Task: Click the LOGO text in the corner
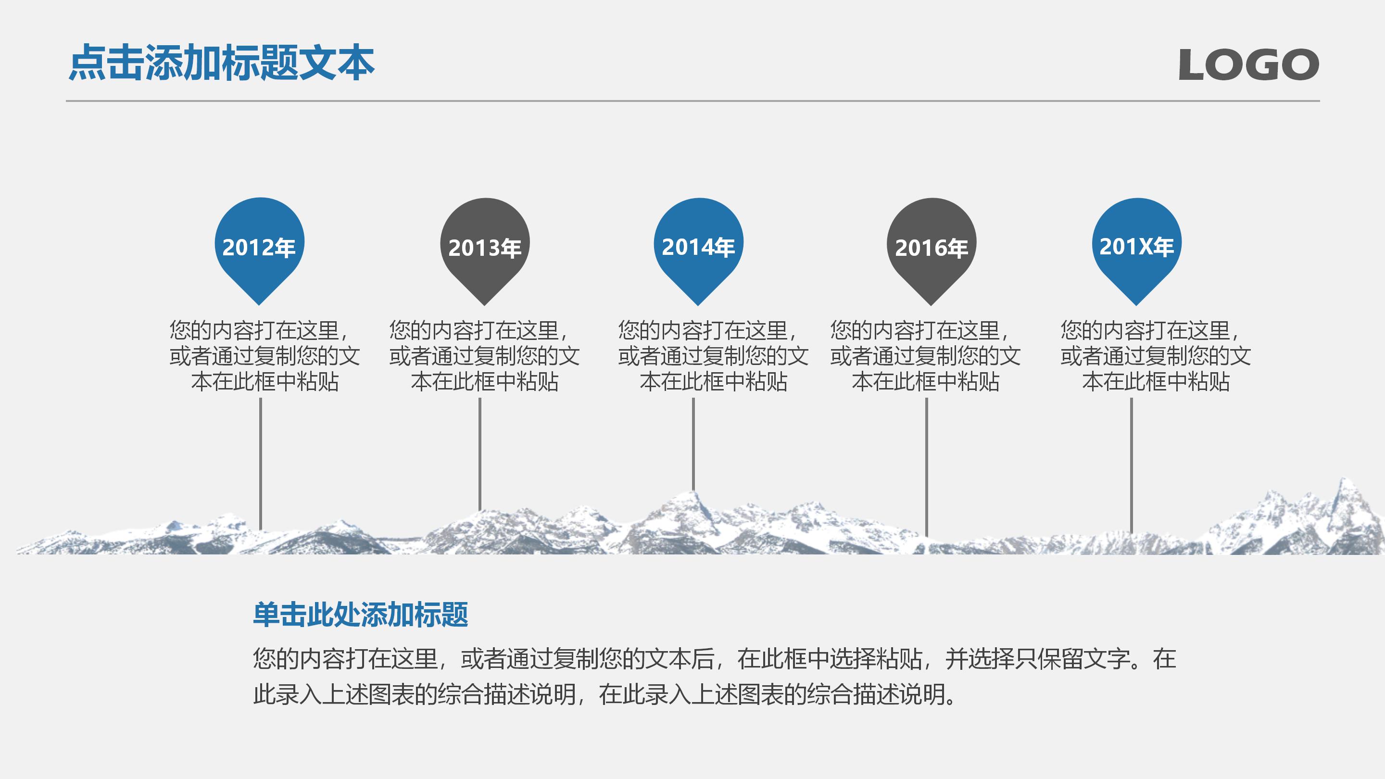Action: click(x=1248, y=64)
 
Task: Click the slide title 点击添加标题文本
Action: click(x=222, y=63)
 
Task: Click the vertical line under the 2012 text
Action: click(x=261, y=462)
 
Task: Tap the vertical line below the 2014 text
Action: click(x=693, y=443)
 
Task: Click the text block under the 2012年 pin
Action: click(x=264, y=356)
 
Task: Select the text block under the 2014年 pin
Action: click(x=713, y=356)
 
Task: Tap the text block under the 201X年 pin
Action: click(x=1156, y=356)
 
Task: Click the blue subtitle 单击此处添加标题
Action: click(x=360, y=615)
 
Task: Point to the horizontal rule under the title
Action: click(x=692, y=101)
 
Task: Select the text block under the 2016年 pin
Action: click(x=925, y=356)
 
